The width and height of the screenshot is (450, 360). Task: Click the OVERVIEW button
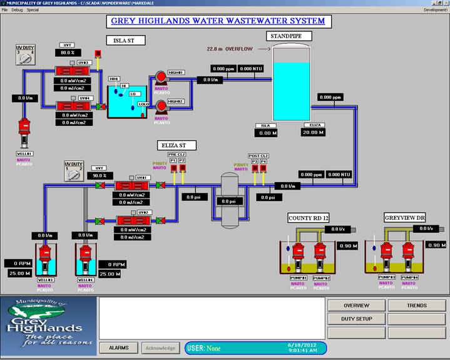point(355,306)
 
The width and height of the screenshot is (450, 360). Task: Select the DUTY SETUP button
point(355,319)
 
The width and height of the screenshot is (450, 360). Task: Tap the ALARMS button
point(119,347)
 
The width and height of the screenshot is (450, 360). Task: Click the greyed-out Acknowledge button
point(161,347)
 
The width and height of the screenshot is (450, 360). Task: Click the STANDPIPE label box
point(287,36)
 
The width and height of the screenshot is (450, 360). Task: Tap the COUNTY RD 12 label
point(309,218)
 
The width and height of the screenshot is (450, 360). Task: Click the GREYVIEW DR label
point(404,218)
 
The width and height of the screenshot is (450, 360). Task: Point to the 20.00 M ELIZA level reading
point(312,133)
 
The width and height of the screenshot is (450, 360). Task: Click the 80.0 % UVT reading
point(68,53)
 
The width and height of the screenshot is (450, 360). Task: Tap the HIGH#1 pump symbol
point(161,77)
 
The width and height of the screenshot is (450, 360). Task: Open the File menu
point(5,10)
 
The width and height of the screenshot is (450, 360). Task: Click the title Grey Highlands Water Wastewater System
point(218,21)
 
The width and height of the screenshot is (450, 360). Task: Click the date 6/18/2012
point(299,345)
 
